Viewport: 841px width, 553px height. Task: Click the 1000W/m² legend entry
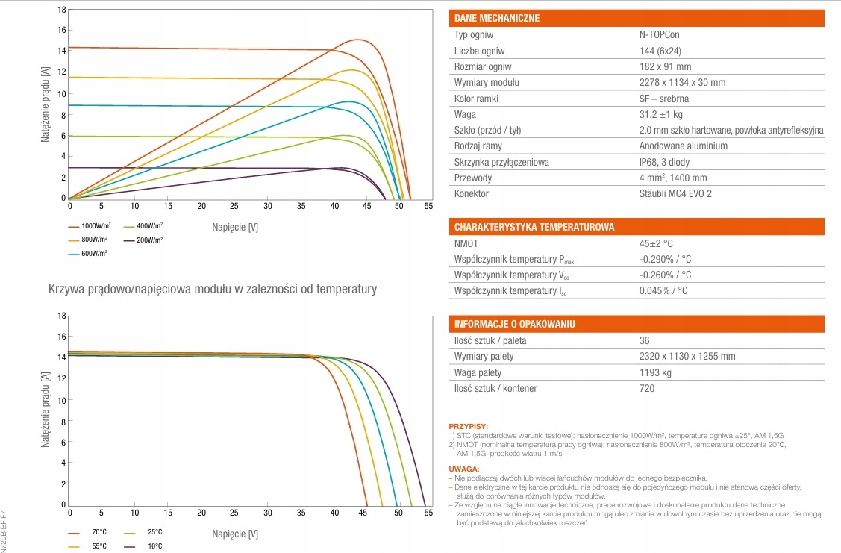[96, 225]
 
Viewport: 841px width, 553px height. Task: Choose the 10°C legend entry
[154, 546]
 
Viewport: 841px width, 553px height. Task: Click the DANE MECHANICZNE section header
[496, 18]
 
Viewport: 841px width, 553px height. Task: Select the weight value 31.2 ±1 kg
[661, 114]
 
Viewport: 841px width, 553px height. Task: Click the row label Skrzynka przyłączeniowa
[501, 162]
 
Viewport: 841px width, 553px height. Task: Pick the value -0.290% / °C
[665, 259]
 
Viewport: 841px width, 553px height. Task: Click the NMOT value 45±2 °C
[657, 243]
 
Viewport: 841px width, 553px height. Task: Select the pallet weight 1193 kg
[655, 372]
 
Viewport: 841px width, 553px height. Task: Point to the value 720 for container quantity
[647, 388]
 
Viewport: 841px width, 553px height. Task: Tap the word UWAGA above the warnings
[464, 469]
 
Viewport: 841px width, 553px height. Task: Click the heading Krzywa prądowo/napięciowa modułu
[213, 288]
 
